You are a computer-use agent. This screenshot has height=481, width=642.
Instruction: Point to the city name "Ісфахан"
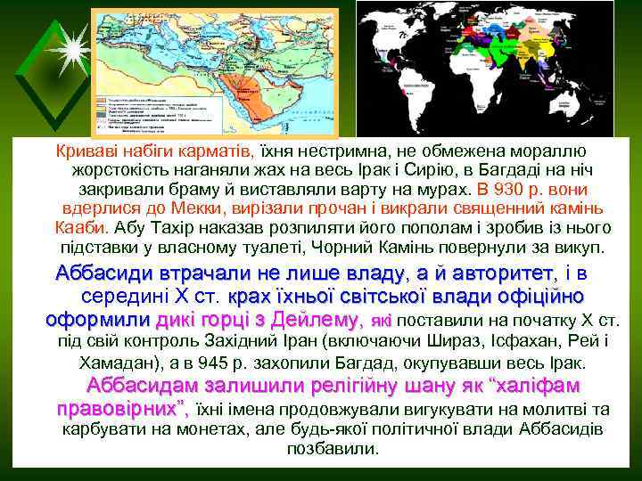click(506, 343)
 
